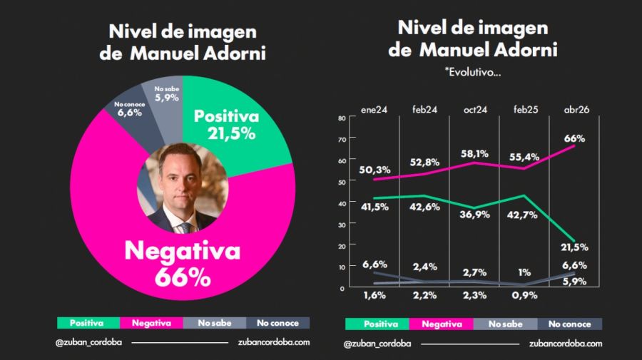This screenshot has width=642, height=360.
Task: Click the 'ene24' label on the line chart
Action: tap(374, 110)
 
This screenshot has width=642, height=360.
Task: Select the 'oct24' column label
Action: tap(475, 110)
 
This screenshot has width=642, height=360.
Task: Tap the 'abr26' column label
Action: tap(576, 110)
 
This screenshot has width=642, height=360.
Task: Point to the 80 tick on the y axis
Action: tap(341, 118)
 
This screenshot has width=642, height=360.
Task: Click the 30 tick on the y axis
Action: tap(341, 224)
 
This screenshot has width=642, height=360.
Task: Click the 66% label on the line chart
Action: tap(574, 138)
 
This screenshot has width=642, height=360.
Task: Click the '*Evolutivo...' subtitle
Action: tap(472, 73)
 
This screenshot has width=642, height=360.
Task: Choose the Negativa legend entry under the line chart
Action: tap(443, 324)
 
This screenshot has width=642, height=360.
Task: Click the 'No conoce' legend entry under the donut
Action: tap(278, 323)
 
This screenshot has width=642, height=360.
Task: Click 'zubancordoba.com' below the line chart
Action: tap(566, 343)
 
